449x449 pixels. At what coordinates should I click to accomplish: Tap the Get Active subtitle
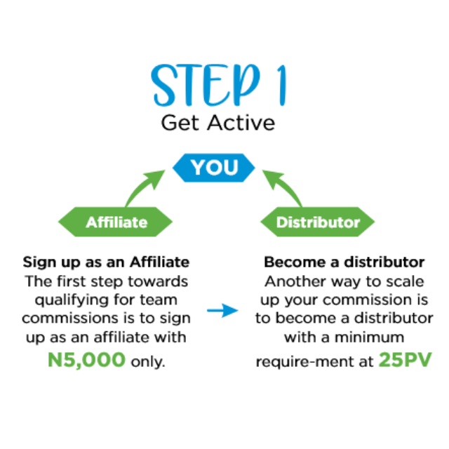click(x=217, y=123)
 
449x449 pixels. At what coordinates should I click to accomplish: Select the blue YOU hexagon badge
click(x=214, y=168)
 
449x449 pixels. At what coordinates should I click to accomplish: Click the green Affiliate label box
click(x=116, y=222)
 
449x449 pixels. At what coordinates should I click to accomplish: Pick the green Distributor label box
click(x=318, y=222)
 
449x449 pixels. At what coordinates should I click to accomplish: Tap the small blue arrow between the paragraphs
click(x=223, y=310)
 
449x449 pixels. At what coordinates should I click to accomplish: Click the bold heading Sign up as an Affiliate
click(x=106, y=262)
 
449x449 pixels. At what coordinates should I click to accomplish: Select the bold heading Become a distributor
click(x=344, y=262)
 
